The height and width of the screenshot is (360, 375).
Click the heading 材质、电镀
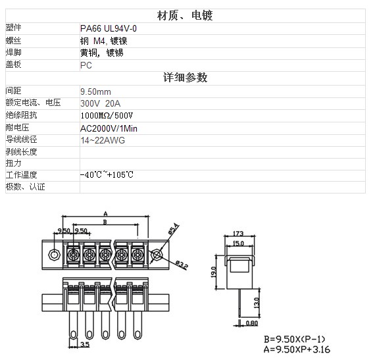tap(185, 16)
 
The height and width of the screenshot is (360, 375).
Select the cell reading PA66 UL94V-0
tap(109, 29)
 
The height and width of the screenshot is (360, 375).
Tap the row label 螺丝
tap(13, 41)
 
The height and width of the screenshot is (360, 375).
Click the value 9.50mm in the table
tap(95, 91)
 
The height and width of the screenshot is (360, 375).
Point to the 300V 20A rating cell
tap(100, 103)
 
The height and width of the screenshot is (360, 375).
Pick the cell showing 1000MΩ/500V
tap(107, 116)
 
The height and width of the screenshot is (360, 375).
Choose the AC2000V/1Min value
tap(109, 129)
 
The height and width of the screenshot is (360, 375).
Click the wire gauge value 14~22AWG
tap(103, 140)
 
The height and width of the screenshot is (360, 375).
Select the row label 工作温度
tap(21, 175)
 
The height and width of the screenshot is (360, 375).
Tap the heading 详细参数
tap(185, 78)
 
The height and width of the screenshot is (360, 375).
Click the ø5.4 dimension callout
tap(174, 228)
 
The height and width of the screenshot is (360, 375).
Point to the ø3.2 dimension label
tap(182, 265)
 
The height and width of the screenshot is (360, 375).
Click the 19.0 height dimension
tap(214, 272)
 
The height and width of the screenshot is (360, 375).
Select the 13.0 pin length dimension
tap(257, 303)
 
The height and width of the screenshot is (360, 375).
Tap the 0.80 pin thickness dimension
tap(252, 323)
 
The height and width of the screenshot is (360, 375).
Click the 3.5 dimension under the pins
tap(85, 344)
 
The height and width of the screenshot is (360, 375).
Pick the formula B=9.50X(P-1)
tap(294, 340)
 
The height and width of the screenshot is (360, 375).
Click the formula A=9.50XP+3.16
tap(297, 349)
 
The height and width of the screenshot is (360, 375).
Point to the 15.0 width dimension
tap(238, 244)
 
